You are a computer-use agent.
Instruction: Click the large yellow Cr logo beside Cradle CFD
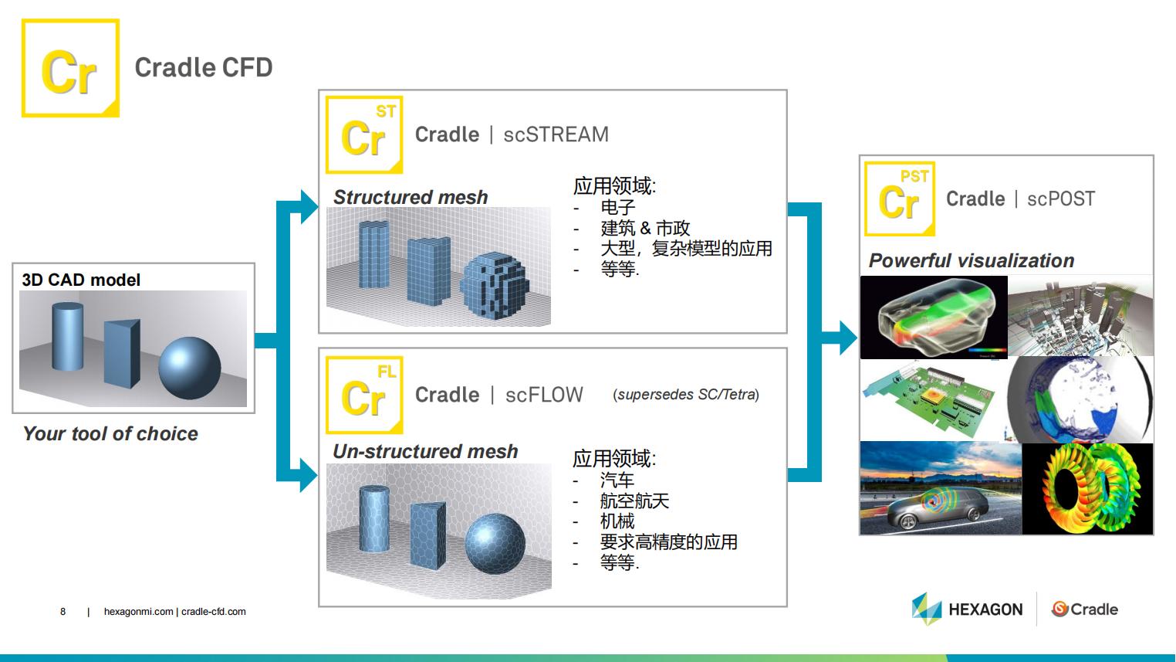[70, 68]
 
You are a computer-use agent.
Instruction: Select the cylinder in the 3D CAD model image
[68, 336]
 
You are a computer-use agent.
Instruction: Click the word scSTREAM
[556, 134]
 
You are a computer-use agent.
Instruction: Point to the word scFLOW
[544, 395]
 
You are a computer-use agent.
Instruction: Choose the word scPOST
[1061, 199]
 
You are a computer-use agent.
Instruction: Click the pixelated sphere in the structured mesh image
[495, 286]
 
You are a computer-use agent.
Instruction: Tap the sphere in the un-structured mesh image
[495, 543]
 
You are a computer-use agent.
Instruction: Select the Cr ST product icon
[364, 134]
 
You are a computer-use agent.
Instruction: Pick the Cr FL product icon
[364, 395]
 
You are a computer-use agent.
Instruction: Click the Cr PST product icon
[900, 199]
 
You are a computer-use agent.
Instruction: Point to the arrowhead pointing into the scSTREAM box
[309, 206]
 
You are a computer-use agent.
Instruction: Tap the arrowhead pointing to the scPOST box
[848, 338]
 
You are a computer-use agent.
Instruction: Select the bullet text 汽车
[617, 480]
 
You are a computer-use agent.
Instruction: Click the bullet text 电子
[618, 207]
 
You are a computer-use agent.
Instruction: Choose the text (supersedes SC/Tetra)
[686, 395]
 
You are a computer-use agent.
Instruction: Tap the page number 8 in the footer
[63, 612]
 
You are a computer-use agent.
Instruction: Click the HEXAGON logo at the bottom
[968, 609]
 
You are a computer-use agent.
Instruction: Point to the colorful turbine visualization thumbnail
[1088, 489]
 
